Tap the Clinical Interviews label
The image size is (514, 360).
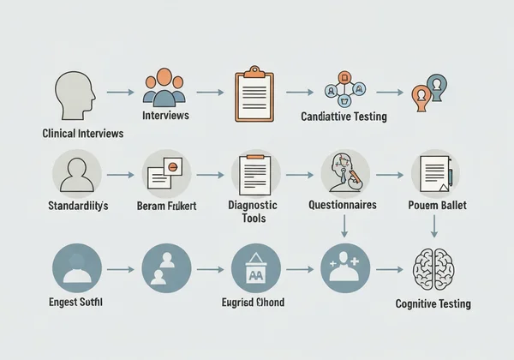tap(82, 134)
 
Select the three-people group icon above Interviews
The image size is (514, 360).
tap(164, 87)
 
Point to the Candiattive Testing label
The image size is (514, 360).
tap(344, 117)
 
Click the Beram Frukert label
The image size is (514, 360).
tap(166, 207)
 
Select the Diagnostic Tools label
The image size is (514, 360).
tap(254, 212)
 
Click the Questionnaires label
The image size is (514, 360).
tap(344, 206)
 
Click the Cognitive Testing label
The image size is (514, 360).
tap(433, 304)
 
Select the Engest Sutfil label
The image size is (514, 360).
tap(76, 303)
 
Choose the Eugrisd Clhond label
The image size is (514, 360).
tap(254, 303)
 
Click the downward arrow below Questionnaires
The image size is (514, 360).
tap(344, 226)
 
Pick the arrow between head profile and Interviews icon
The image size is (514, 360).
tap(120, 92)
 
